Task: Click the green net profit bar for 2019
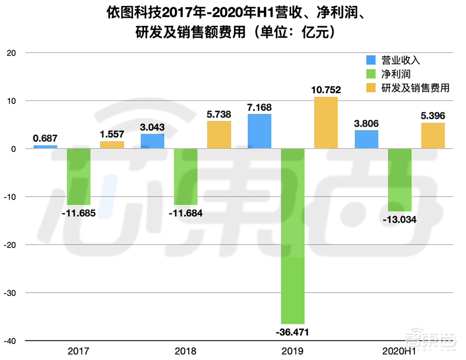click(x=292, y=235)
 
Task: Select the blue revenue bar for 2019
click(x=260, y=132)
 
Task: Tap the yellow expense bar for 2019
click(x=325, y=123)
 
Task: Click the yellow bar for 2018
click(x=219, y=135)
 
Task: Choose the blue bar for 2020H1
click(x=366, y=139)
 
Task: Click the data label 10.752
click(x=326, y=90)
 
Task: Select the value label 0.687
click(x=45, y=138)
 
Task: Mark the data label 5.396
click(x=432, y=115)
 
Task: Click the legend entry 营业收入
click(x=401, y=60)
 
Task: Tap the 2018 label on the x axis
click(x=185, y=351)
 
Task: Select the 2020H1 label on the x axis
click(x=399, y=351)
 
